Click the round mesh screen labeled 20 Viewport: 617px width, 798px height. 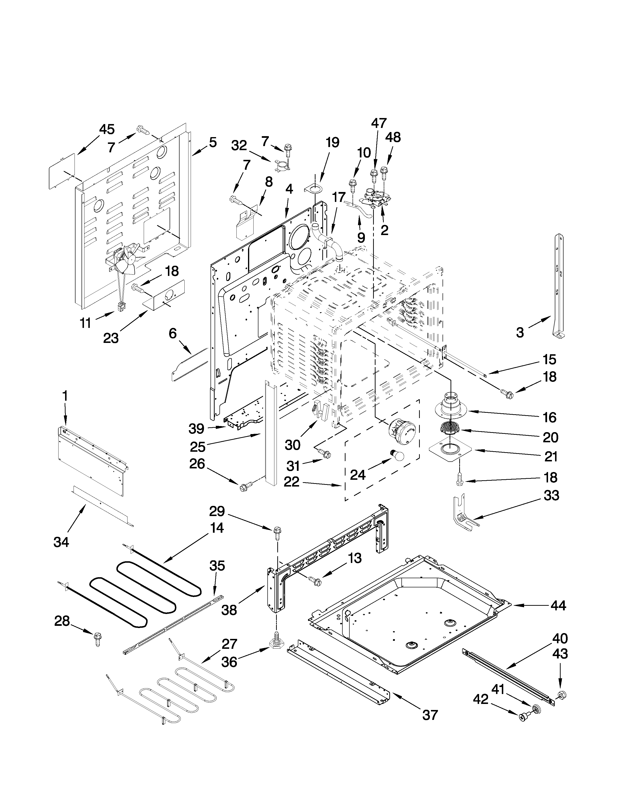[x=451, y=426]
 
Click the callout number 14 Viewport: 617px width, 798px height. [x=217, y=528]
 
